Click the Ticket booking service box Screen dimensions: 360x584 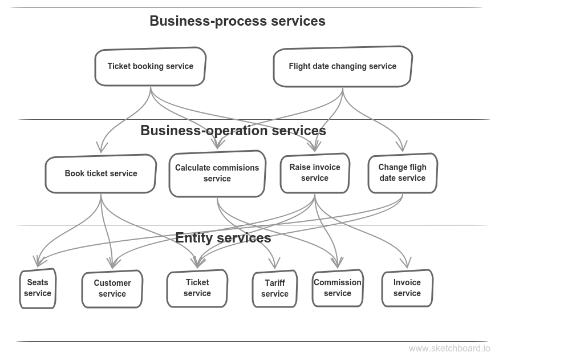tap(150, 66)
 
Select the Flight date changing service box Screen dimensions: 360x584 tap(342, 66)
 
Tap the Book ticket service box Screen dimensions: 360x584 tap(101, 173)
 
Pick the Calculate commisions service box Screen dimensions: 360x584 tap(217, 173)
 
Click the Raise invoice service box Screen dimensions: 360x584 tap(315, 173)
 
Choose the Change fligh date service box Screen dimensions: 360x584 tap(402, 173)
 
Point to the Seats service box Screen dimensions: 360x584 tap(38, 288)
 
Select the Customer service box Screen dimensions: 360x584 tap(112, 289)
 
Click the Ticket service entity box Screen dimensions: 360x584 tap(197, 288)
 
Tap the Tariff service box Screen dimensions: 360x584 tap(274, 289)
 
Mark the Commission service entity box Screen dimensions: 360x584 tap(337, 288)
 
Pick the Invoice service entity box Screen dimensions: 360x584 tap(407, 288)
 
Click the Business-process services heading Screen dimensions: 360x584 tap(237, 21)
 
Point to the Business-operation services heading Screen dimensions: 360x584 tap(233, 131)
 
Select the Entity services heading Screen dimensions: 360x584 tap(222, 237)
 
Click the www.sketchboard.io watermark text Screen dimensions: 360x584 tap(449, 349)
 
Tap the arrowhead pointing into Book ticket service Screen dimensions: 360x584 tap(101, 149)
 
